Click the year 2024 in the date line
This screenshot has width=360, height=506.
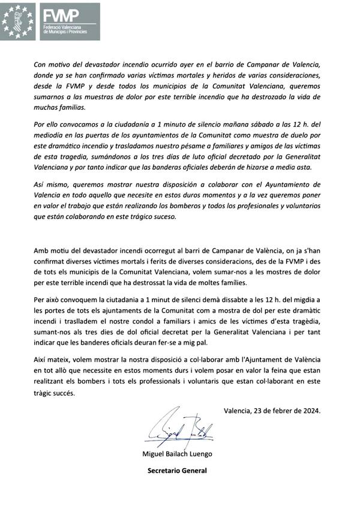(x=310, y=411)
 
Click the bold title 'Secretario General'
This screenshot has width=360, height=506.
(x=177, y=471)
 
